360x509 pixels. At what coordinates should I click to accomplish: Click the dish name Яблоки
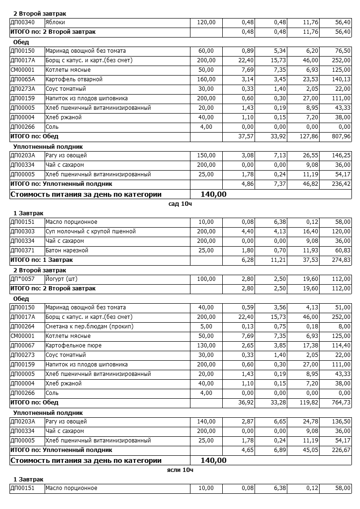55,22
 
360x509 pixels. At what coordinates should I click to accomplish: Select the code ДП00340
22,22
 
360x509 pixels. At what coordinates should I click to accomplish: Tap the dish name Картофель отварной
74,79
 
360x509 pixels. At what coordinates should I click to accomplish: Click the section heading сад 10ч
180,203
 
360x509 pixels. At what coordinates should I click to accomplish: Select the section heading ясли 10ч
180,470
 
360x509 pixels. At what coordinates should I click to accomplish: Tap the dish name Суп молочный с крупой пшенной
90,231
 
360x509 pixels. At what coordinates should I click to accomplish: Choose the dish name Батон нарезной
66,250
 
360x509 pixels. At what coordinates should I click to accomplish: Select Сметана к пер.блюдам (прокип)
89,327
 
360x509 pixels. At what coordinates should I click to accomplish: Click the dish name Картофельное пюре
73,346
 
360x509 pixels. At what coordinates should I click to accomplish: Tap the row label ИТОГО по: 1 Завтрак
42,260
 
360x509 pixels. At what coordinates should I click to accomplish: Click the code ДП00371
22,250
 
